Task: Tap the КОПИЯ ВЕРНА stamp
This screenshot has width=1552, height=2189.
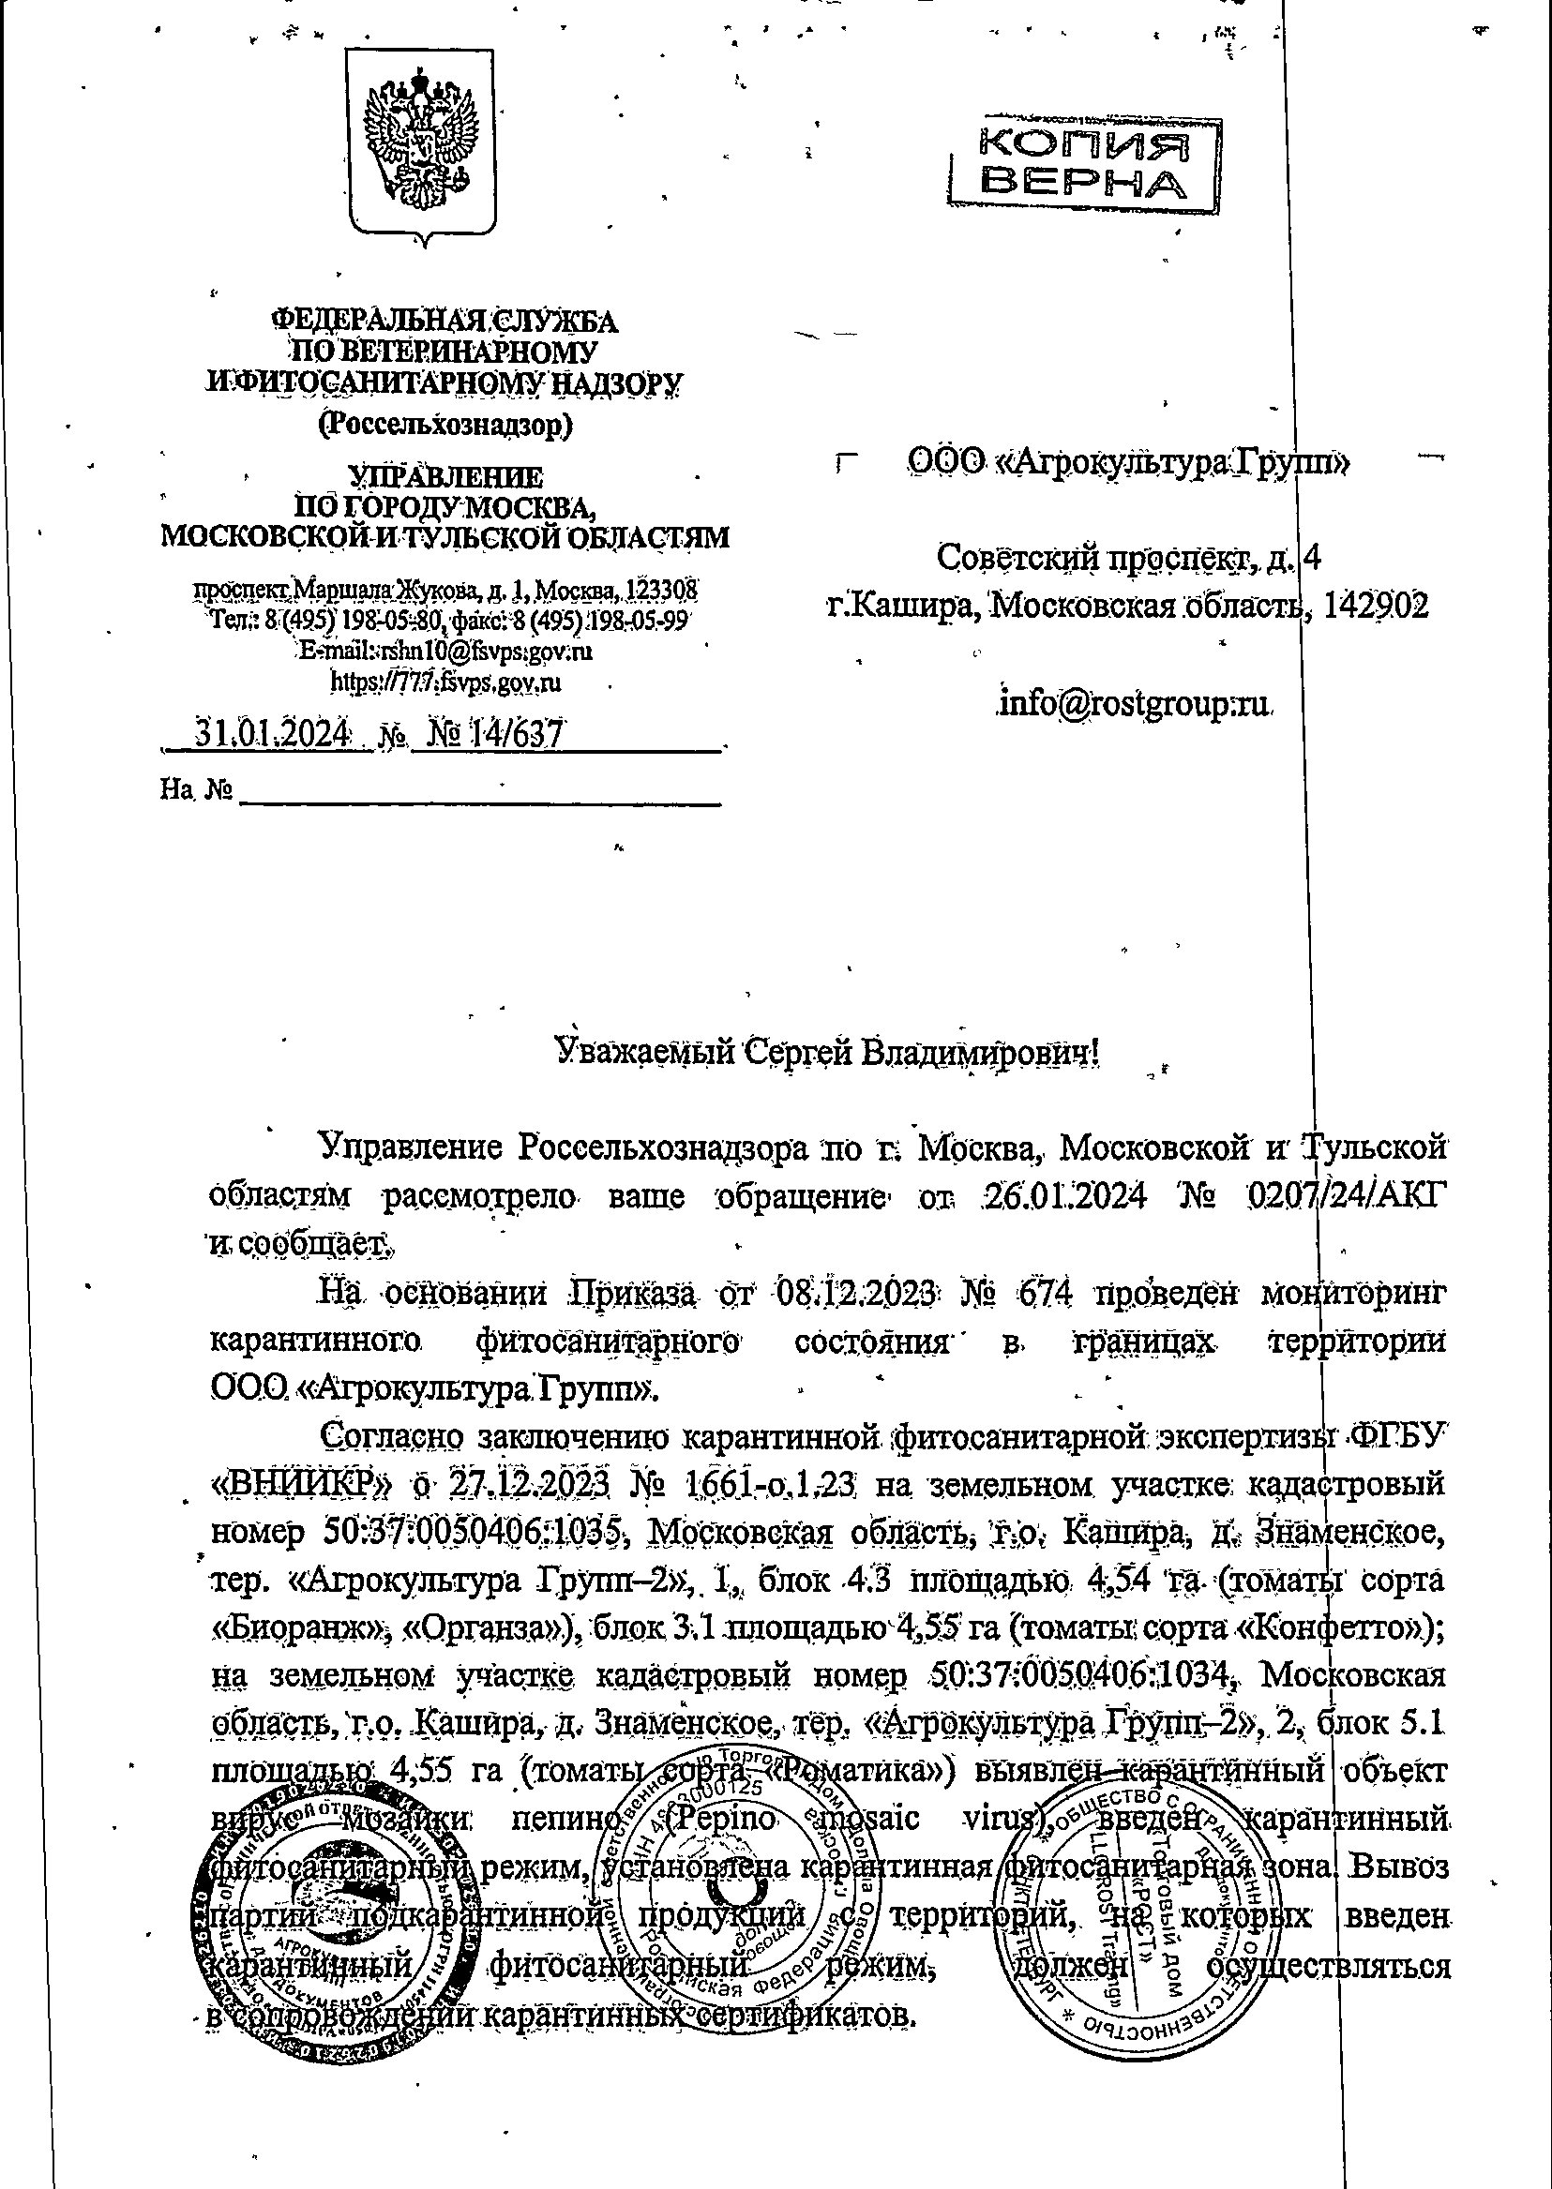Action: click(x=1085, y=163)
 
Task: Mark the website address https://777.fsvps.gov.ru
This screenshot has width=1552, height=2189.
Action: click(x=445, y=682)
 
